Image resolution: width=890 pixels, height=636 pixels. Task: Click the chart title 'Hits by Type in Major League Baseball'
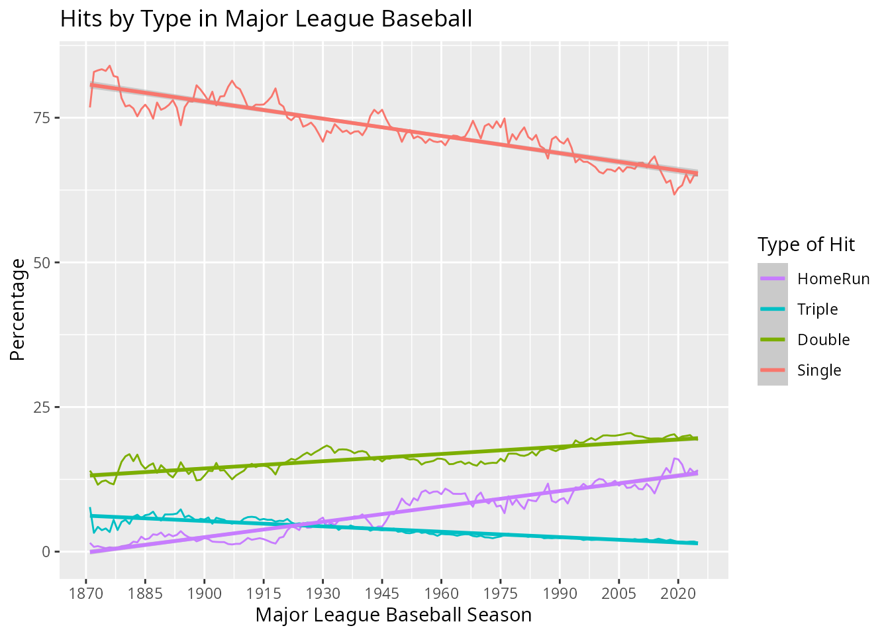[266, 19]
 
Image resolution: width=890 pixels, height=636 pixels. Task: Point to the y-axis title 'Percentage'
[18, 310]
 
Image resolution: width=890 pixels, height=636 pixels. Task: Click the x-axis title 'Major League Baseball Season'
[393, 615]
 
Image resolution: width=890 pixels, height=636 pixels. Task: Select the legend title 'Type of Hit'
[806, 244]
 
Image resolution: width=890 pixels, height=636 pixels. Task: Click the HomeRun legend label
[833, 279]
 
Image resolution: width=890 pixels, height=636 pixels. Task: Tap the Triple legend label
[817, 309]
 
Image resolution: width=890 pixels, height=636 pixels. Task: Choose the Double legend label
[823, 340]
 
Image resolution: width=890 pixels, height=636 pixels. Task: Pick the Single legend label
[818, 370]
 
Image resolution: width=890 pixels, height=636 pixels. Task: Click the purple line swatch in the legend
[772, 279]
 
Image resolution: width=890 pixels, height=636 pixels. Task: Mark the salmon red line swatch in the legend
[772, 370]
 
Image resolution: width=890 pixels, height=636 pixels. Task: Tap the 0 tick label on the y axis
[46, 552]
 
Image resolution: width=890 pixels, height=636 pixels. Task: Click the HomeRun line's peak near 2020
[675, 458]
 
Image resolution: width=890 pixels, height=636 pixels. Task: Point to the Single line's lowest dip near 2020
[674, 194]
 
